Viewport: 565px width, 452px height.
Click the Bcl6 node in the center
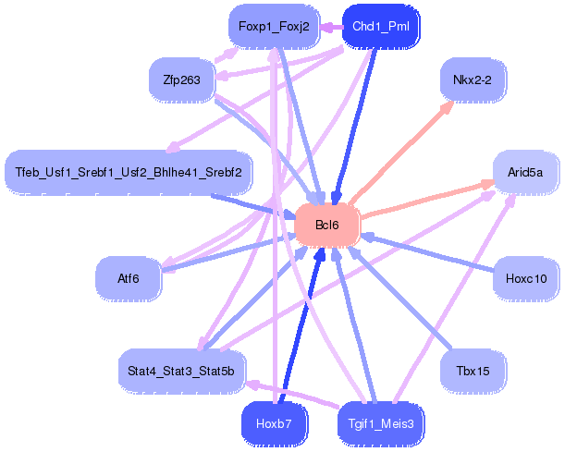coord(327,226)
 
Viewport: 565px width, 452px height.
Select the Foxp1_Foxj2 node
coord(274,26)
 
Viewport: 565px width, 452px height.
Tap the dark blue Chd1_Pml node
coord(381,26)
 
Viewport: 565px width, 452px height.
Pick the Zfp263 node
coord(181,79)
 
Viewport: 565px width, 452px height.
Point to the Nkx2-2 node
coord(473,79)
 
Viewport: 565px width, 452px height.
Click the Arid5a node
coord(525,172)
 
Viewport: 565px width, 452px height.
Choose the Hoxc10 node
coord(526,278)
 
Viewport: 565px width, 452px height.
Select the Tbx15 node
coord(473,371)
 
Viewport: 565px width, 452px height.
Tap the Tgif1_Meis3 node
coord(381,423)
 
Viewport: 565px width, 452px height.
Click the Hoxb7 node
coord(274,423)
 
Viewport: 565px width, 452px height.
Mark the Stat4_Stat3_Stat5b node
coord(181,371)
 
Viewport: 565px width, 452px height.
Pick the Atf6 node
coord(129,278)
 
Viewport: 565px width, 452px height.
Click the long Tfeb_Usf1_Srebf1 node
coord(129,172)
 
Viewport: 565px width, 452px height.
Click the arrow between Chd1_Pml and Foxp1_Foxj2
coord(331,27)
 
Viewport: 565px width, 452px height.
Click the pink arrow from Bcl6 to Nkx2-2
coord(401,153)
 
